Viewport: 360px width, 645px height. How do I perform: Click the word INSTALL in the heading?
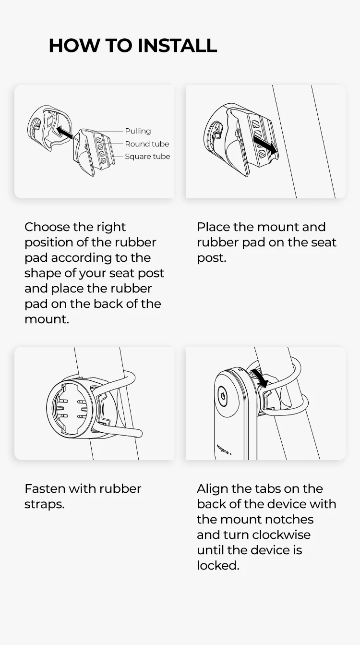177,46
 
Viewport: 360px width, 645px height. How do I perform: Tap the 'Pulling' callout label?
138,131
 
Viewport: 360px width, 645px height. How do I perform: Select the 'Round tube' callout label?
147,144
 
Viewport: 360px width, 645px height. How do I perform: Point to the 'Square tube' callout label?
147,157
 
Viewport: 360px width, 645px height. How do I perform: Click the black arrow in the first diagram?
64,132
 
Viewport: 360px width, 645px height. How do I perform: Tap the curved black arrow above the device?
260,377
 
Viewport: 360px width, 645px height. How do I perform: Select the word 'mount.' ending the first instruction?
47,319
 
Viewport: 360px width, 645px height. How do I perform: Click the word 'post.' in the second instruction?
212,258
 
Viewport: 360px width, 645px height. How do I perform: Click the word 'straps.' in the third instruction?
44,504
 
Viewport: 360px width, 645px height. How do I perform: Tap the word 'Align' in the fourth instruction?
212,488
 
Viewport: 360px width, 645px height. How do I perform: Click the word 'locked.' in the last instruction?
218,566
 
